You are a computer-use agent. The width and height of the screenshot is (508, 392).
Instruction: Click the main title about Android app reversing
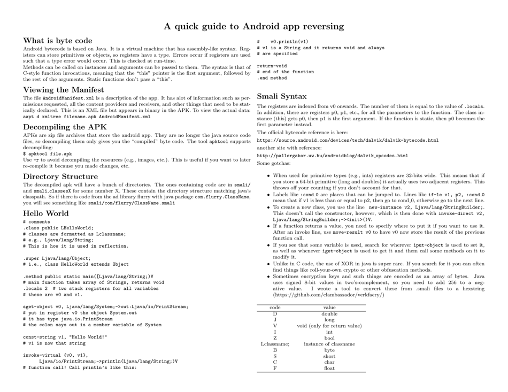[x=253, y=26]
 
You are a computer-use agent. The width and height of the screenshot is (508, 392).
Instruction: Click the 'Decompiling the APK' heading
[x=65, y=127]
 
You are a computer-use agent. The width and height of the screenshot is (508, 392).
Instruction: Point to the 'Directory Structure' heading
[x=61, y=176]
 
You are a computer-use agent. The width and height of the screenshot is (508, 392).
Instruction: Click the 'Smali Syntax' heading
[x=282, y=97]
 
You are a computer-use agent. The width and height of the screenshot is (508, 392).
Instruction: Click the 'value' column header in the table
[x=329, y=308]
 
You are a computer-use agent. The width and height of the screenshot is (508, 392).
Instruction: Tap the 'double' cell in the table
[x=329, y=314]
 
